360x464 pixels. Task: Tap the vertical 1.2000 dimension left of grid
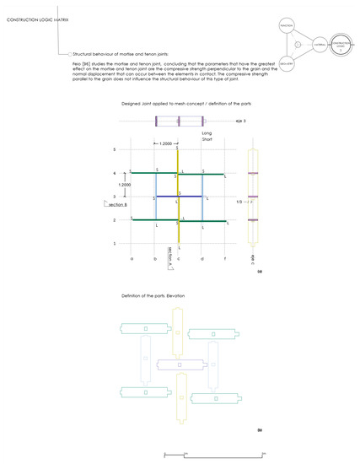tap(124, 184)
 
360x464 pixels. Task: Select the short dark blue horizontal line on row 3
tap(179, 197)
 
